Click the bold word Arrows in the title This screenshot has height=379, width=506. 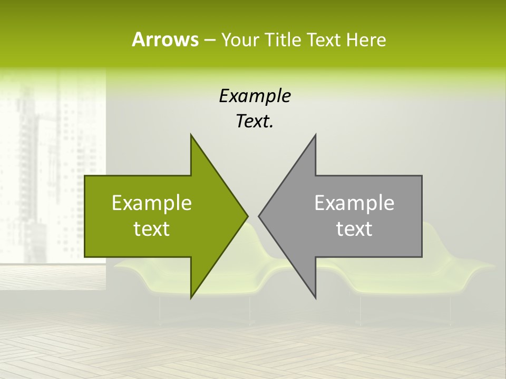pos(164,39)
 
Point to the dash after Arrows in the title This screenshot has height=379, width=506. pos(209,40)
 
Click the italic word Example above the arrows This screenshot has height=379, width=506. pos(255,96)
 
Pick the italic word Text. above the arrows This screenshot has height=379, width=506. pos(255,122)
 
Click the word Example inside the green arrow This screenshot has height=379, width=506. pos(152,203)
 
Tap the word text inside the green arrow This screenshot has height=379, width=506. pos(152,228)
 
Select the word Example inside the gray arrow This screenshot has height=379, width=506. pos(354,203)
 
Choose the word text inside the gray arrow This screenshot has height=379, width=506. pos(354,228)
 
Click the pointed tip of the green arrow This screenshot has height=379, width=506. pos(247,216)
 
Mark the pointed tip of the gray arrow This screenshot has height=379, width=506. pos(259,216)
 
